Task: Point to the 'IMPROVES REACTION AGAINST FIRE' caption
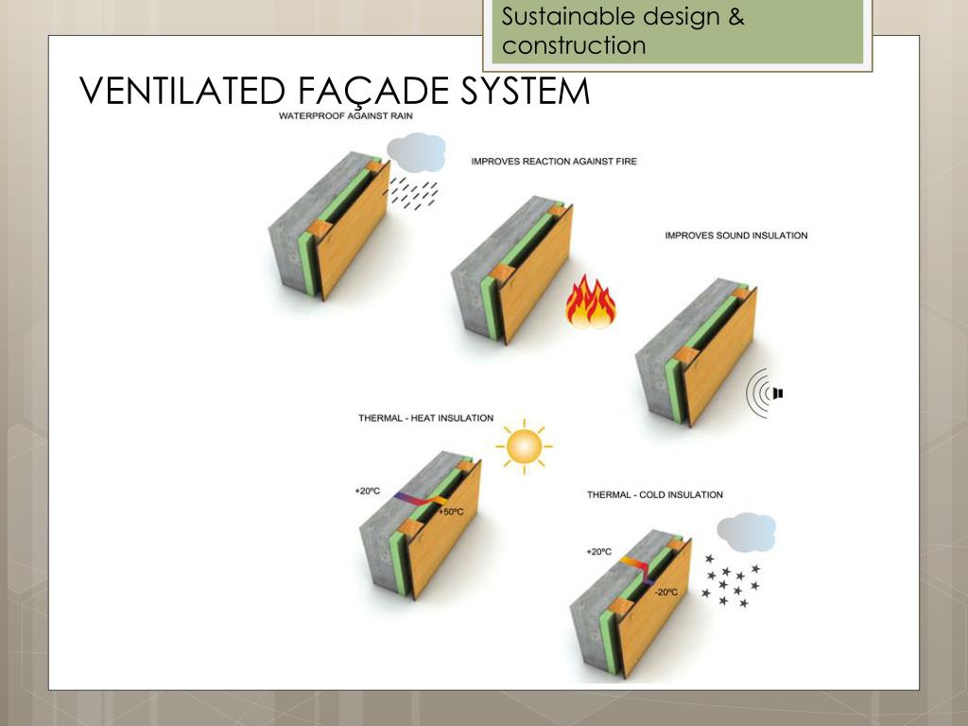[x=554, y=162]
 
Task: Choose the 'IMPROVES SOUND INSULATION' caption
[x=736, y=235]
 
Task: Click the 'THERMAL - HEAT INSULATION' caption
[x=425, y=418]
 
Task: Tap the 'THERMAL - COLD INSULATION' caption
[x=655, y=494]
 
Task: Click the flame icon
[x=591, y=302]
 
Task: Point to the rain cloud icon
[x=416, y=151]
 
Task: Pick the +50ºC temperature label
[x=451, y=512]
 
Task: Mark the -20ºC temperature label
[x=665, y=593]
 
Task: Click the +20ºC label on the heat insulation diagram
[x=367, y=492]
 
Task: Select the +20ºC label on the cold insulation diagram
[x=599, y=551]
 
